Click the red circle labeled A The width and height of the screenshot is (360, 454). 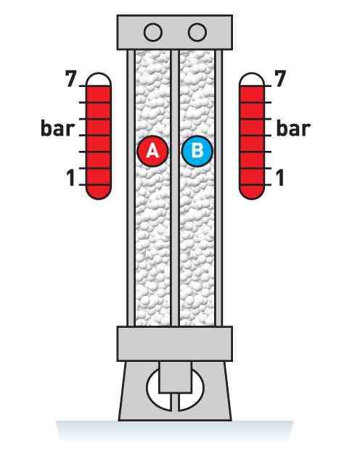(x=152, y=151)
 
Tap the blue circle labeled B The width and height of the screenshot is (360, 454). (x=197, y=151)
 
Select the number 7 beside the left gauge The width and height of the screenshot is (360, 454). (x=71, y=78)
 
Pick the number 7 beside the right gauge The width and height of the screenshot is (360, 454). (x=280, y=78)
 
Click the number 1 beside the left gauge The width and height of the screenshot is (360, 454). (x=71, y=177)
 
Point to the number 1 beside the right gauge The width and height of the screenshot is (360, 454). (x=279, y=177)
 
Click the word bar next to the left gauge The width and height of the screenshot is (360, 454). (x=58, y=128)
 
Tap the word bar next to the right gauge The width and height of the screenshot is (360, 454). (x=293, y=128)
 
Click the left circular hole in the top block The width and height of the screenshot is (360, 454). (x=153, y=32)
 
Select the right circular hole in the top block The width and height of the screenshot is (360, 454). (x=197, y=32)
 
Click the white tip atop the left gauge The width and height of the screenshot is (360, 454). (x=99, y=80)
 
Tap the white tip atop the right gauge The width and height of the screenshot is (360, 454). (x=252, y=80)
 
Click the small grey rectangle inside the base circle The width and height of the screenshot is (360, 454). (x=175, y=377)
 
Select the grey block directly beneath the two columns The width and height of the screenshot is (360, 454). (x=175, y=344)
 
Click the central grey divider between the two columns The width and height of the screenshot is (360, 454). (x=175, y=188)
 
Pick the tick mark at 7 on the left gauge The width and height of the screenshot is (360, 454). (x=83, y=86)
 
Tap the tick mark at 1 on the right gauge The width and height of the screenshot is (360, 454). (x=268, y=184)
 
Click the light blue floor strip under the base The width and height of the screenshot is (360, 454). (x=175, y=431)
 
